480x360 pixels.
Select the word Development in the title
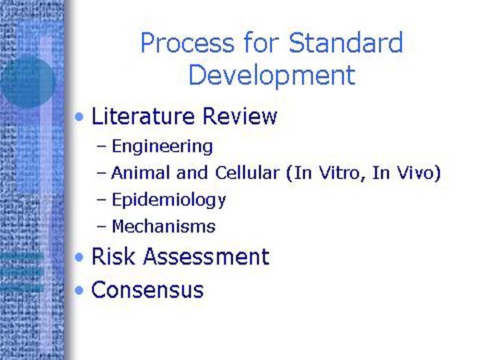tap(272, 75)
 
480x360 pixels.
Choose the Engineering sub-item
tap(162, 146)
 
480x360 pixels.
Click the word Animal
tap(137, 173)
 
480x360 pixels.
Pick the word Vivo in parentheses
tap(414, 173)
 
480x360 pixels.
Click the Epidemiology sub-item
tap(169, 200)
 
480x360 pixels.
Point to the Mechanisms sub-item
tap(163, 226)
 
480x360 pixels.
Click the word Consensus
tap(147, 289)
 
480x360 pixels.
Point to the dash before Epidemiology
tap(102, 200)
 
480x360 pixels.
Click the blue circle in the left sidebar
tap(27, 82)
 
